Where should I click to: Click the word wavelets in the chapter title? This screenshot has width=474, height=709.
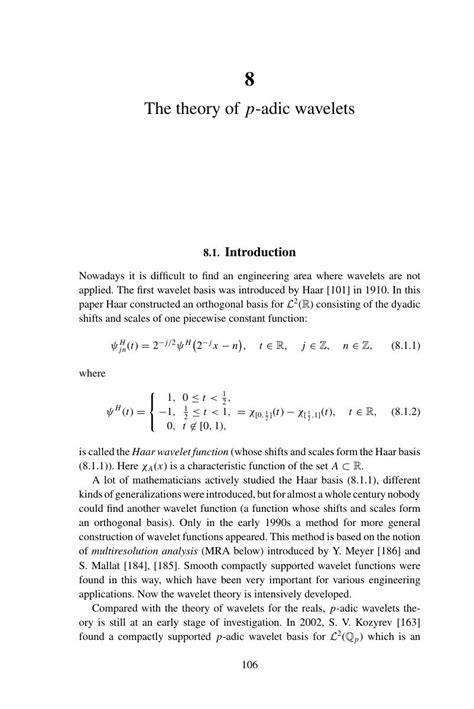[310, 105]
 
